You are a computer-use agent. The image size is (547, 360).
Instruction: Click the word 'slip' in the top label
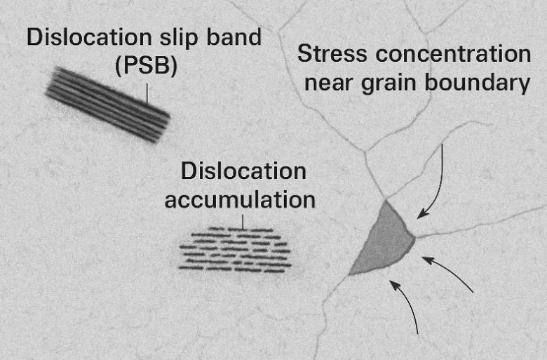(179, 38)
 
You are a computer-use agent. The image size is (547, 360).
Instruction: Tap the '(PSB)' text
(146, 66)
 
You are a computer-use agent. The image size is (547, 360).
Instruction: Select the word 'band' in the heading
(234, 36)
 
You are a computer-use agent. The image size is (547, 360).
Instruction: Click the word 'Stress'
(332, 54)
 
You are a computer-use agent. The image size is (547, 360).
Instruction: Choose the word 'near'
(329, 84)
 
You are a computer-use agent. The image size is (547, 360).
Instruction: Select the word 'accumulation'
(240, 200)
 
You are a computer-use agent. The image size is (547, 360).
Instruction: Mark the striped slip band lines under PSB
(108, 105)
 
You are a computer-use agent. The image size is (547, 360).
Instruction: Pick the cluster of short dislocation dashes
(234, 250)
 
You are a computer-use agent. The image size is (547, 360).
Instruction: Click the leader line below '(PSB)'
(147, 93)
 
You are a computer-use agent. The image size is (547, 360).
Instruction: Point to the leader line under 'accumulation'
(243, 222)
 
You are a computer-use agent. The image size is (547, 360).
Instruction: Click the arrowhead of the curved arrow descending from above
(423, 213)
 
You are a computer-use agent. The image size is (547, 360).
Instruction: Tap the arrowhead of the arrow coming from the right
(428, 260)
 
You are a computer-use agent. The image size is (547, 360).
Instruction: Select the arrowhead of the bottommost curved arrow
(394, 285)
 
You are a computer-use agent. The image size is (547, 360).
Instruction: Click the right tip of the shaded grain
(415, 238)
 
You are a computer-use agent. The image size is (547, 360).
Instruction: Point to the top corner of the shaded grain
(386, 200)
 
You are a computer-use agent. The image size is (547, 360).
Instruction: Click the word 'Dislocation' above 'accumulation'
(243, 171)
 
